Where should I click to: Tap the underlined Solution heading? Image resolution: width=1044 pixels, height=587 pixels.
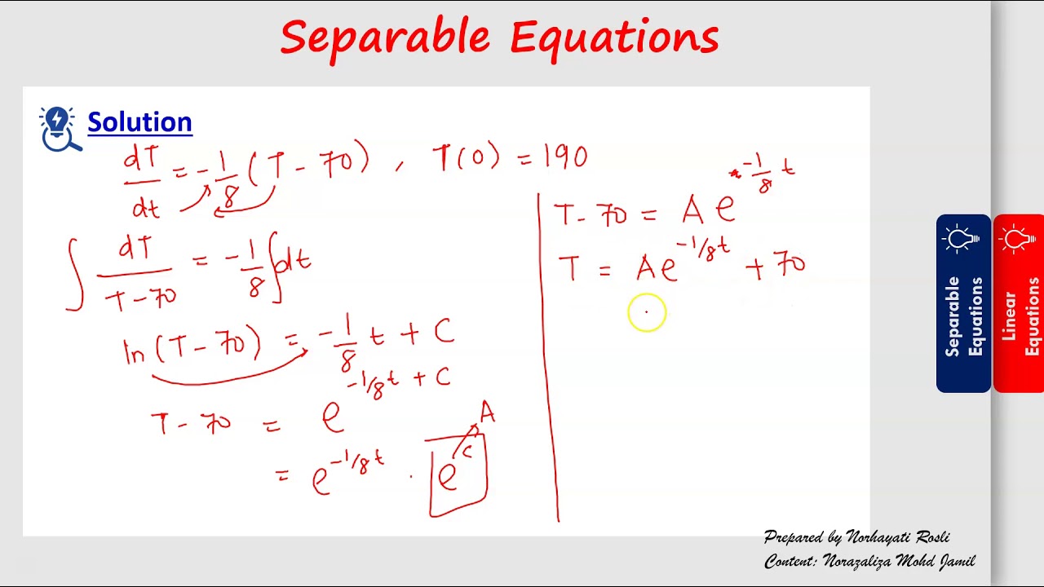click(139, 122)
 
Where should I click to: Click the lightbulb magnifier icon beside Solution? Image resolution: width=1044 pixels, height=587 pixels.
click(60, 129)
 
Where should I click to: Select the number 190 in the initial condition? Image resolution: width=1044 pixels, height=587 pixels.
click(564, 157)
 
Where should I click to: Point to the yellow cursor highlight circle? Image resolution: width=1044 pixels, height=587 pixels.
click(647, 312)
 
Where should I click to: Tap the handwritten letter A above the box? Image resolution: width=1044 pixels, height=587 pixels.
click(487, 413)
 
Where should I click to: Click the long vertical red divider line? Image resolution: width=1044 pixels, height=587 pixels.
click(548, 359)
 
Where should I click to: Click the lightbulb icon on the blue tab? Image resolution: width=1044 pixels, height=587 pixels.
click(963, 240)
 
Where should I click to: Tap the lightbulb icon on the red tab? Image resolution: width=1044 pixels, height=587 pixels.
click(1018, 240)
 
